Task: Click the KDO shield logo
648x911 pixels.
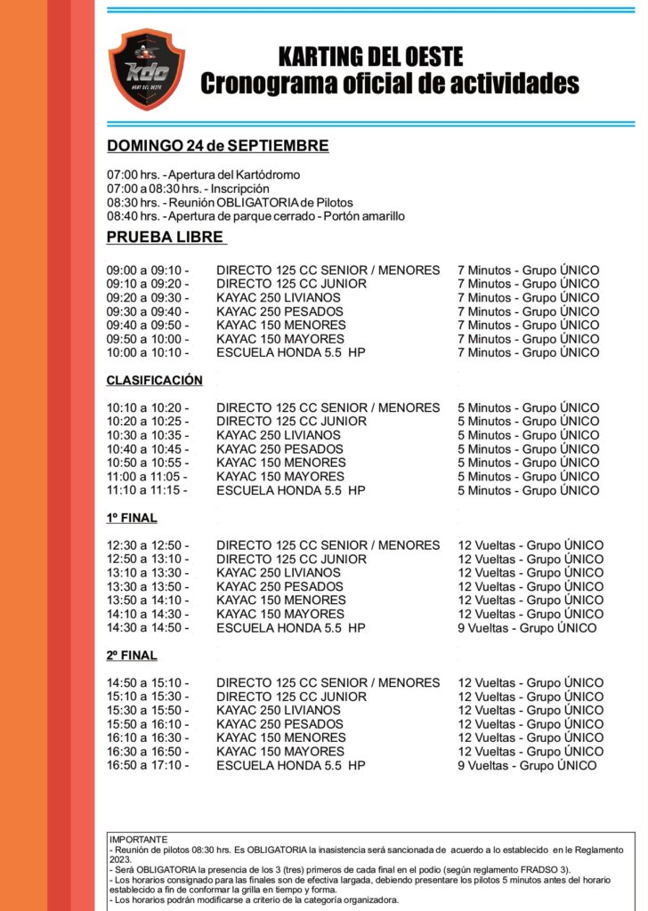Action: click(x=147, y=69)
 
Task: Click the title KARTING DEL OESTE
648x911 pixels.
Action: click(x=370, y=58)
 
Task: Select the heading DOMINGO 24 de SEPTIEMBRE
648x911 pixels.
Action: click(x=217, y=146)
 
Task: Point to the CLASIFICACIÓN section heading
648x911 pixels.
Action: click(x=154, y=380)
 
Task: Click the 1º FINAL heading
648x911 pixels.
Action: click(x=132, y=518)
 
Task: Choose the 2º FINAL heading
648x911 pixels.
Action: click(x=132, y=656)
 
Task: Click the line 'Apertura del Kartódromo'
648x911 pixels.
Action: click(x=203, y=174)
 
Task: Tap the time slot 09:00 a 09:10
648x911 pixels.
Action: click(x=148, y=270)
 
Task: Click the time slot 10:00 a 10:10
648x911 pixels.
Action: click(x=148, y=353)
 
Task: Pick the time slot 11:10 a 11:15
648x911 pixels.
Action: click(x=148, y=490)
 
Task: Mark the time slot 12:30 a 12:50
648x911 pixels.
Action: click(x=148, y=545)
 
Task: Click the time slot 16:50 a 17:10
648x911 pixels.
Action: click(x=148, y=765)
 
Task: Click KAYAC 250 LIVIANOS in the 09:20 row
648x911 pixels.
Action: click(x=278, y=298)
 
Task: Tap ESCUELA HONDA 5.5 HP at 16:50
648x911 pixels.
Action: click(x=290, y=765)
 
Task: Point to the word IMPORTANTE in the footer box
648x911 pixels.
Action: click(x=138, y=839)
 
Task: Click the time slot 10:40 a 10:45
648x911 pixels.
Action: click(x=148, y=449)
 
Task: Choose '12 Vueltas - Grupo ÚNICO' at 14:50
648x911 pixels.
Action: click(x=531, y=683)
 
